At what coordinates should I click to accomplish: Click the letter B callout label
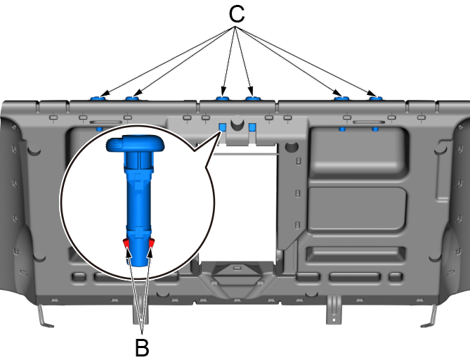click(x=142, y=347)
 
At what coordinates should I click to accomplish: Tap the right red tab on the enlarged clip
click(x=150, y=243)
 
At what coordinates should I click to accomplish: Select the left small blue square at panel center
click(x=222, y=127)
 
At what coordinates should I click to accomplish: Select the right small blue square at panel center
click(x=252, y=128)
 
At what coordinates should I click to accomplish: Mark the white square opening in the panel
click(x=242, y=204)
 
